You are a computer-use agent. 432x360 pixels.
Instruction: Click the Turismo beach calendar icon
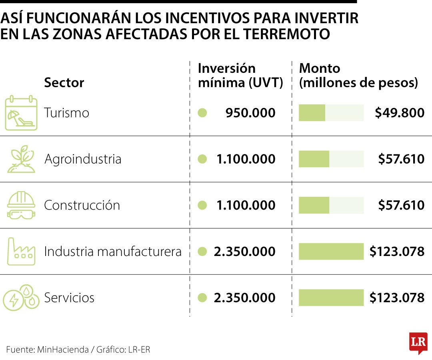pos(21,113)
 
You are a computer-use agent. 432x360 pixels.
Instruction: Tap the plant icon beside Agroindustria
pos(21,159)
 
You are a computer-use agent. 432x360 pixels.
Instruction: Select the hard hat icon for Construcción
pos(21,205)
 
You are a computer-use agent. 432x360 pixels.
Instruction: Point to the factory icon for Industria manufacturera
pos(21,252)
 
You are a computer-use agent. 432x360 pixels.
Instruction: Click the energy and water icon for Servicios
pos(21,298)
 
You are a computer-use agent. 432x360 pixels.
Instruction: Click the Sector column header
pos(64,83)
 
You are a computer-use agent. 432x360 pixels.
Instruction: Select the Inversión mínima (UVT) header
pos(240,76)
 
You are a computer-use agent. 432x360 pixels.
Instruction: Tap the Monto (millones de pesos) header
pos(358,76)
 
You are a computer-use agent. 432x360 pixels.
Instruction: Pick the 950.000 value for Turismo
pos(250,113)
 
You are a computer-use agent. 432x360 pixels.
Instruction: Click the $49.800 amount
pos(400,113)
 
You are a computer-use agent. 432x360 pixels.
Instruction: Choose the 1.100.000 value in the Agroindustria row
pos(246,159)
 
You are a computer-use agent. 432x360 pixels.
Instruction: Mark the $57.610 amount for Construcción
pos(401,205)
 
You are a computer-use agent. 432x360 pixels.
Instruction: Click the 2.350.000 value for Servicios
pos(245,298)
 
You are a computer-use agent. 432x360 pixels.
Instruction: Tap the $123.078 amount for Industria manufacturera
pos(397,252)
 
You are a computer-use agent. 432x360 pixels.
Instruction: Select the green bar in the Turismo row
pos(312,113)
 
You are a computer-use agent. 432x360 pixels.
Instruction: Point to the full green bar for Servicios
pos(331,298)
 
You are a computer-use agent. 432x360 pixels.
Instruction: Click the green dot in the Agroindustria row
pos(202,159)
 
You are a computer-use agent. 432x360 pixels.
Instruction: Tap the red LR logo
pos(418,343)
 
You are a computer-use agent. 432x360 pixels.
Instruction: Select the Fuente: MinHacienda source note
pos(47,350)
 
